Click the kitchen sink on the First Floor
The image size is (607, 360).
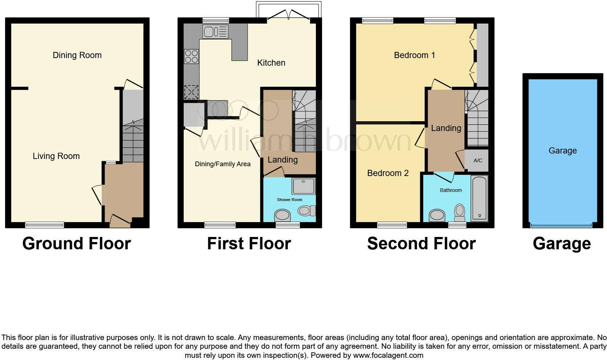(x=215, y=32)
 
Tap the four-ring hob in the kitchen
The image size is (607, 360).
(x=191, y=56)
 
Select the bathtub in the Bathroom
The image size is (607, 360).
(x=479, y=199)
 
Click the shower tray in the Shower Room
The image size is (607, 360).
(x=303, y=186)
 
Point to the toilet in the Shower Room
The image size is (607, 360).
(x=307, y=211)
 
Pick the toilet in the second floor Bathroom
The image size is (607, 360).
(x=460, y=213)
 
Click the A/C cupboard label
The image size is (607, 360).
(x=478, y=160)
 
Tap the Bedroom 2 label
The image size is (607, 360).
(x=388, y=173)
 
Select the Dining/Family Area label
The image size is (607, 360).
(x=223, y=164)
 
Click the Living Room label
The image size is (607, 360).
(x=56, y=156)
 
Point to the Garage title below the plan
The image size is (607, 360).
(x=562, y=244)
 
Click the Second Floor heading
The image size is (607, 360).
(x=421, y=243)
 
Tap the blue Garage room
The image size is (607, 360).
(x=563, y=151)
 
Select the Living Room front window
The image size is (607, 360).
(x=44, y=225)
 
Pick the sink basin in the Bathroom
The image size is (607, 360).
(x=437, y=216)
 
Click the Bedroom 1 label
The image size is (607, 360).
(x=414, y=55)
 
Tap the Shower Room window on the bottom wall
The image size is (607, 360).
(x=288, y=225)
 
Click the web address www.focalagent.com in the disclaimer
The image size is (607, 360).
(x=388, y=355)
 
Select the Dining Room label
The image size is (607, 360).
(x=77, y=55)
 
